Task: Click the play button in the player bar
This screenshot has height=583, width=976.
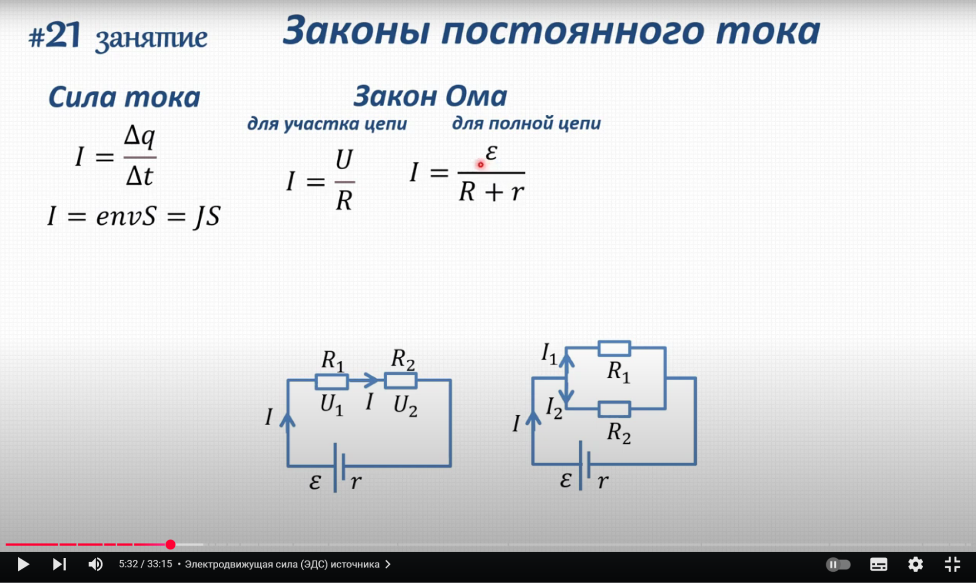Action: pos(23,564)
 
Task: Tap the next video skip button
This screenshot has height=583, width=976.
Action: pos(59,564)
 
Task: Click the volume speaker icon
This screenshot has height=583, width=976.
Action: pos(95,564)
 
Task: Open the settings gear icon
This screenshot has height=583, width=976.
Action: pos(915,564)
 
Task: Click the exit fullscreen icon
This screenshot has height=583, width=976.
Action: pos(952,564)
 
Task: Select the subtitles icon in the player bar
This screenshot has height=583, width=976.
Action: pos(878,564)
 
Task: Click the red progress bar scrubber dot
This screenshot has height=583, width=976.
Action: pos(170,544)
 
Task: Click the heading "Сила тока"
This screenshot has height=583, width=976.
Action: pos(124,97)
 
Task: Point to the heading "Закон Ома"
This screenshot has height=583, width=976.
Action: pos(430,96)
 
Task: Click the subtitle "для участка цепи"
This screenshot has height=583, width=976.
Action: pos(327,124)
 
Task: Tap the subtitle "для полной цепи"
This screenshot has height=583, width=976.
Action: pos(526,123)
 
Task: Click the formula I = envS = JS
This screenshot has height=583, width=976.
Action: pos(134,216)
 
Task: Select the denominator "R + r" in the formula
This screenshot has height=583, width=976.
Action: pos(491,192)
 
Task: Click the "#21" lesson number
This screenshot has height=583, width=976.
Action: pos(55,36)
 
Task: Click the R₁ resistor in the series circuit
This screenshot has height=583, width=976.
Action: pos(332,381)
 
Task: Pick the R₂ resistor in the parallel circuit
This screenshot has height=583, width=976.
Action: pos(614,409)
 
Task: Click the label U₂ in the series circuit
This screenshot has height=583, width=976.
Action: pos(405,406)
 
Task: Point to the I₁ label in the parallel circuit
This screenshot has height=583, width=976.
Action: pos(549,353)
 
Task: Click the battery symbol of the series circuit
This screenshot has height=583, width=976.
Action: pos(339,467)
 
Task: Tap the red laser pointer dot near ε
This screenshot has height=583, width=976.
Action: pos(480,165)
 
